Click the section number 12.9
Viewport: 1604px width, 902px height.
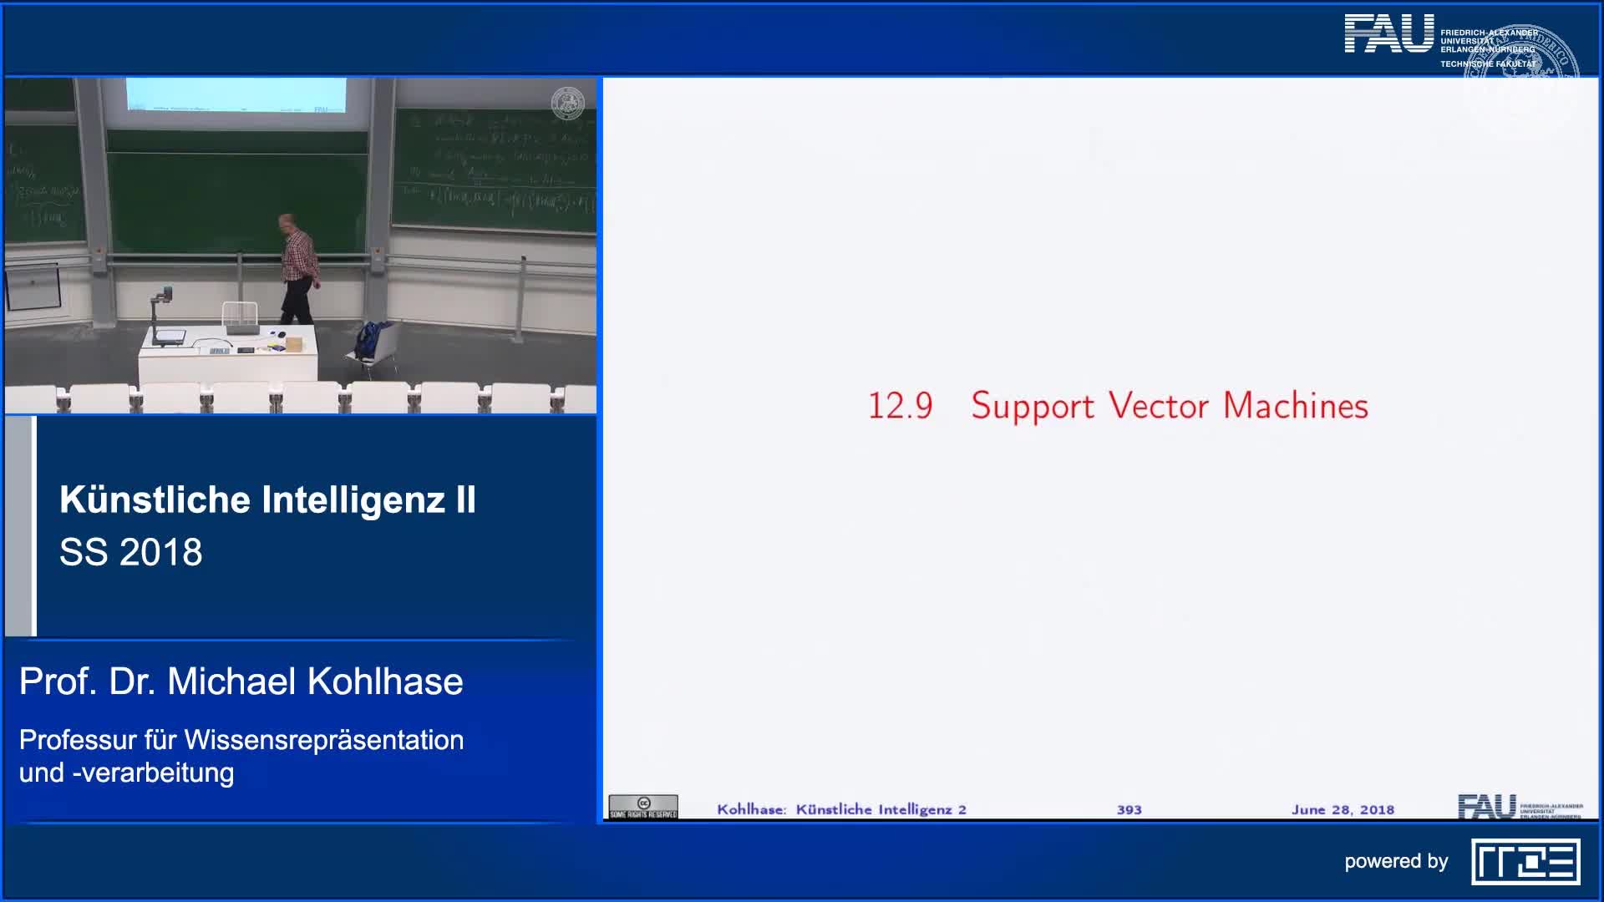click(x=900, y=407)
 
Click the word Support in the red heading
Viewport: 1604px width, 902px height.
click(x=1032, y=407)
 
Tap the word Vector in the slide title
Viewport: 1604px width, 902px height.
click(x=1158, y=406)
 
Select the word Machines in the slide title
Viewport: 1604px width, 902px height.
click(x=1295, y=406)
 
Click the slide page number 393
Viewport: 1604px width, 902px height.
click(x=1129, y=809)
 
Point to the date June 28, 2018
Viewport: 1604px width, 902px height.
click(x=1342, y=809)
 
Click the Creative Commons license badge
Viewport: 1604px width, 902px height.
click(x=642, y=807)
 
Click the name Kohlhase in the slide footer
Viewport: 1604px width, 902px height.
click(x=750, y=809)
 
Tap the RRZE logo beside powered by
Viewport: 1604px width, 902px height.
click(x=1525, y=862)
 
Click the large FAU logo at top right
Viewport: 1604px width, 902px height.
click(x=1388, y=34)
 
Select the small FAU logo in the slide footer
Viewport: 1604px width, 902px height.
click(x=1486, y=807)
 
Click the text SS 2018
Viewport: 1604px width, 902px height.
click(x=131, y=552)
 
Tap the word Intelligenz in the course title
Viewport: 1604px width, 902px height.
click(x=353, y=500)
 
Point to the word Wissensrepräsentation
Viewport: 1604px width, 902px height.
click(x=323, y=740)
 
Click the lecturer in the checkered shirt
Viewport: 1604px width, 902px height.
click(x=297, y=267)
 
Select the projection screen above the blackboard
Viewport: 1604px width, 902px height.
click(x=236, y=94)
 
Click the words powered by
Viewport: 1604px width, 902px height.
click(x=1395, y=862)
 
